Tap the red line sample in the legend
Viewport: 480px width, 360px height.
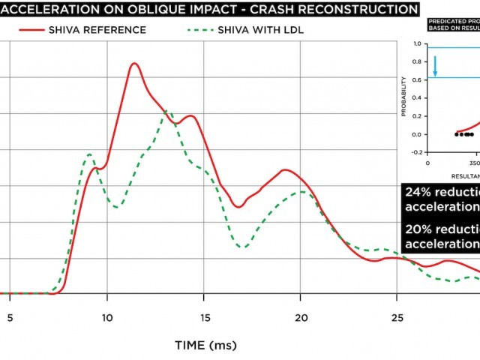(31, 30)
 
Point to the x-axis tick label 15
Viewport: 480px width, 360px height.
(203, 316)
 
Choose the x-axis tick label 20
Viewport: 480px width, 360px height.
(300, 316)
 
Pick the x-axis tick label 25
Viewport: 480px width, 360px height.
(397, 316)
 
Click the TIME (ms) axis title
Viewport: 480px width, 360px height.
(205, 345)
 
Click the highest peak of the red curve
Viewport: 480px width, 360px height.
(134, 64)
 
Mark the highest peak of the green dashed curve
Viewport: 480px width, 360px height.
(166, 111)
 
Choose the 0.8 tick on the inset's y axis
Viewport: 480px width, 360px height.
(418, 62)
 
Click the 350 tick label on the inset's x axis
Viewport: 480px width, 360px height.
(473, 162)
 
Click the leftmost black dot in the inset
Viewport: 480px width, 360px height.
(457, 134)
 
